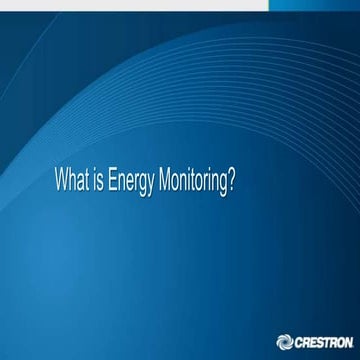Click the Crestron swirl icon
pos(285,341)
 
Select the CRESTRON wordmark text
pos(320,341)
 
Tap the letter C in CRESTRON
pos(298,341)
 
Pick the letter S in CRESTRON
pos(316,341)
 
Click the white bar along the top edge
pos(135,4)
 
